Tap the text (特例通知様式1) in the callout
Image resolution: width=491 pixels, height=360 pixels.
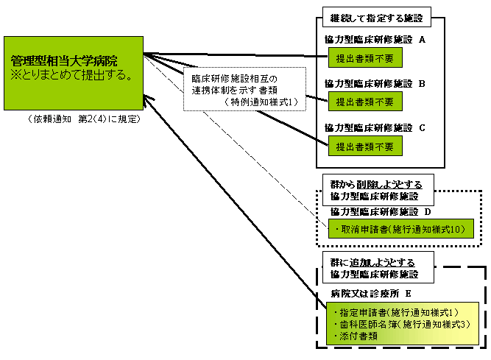(262, 102)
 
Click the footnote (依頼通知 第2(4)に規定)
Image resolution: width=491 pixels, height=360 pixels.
(82, 118)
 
